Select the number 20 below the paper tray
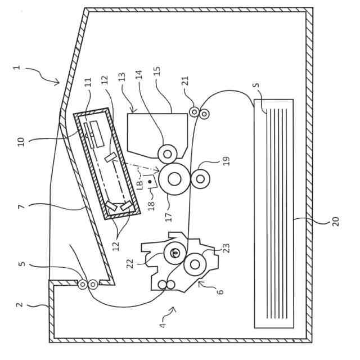coord(336,220)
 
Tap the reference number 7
coord(21,206)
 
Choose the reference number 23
coord(226,247)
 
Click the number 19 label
coord(226,161)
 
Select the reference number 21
coord(185,80)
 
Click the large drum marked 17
coord(174,179)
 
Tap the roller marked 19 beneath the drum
coord(200,179)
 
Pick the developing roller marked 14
coord(167,154)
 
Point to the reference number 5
coord(21,263)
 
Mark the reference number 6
coord(220,291)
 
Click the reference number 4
coord(163,325)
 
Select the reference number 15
coord(157,71)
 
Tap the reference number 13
coord(122,76)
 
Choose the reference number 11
coord(88,82)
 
